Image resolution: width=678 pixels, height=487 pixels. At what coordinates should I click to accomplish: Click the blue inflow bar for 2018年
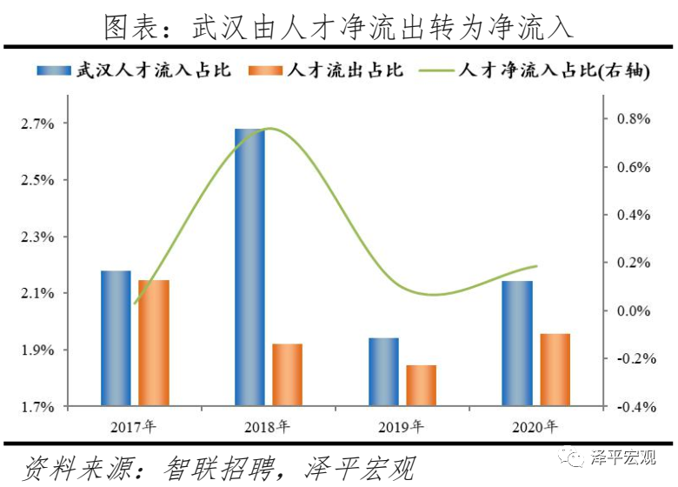click(x=249, y=267)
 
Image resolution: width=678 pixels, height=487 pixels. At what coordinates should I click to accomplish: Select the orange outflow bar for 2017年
click(x=154, y=343)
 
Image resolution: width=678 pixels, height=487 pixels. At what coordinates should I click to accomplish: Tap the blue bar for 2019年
click(x=383, y=371)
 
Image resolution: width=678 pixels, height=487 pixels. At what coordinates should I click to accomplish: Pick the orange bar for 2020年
click(x=554, y=370)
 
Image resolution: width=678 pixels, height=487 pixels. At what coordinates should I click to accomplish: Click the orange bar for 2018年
click(x=287, y=375)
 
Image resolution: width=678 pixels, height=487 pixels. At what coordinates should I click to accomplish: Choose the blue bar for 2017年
click(x=116, y=338)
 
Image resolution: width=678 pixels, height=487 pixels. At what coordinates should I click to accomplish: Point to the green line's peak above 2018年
click(x=270, y=129)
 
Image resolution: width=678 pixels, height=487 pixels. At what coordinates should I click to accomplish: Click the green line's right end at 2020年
click(x=536, y=266)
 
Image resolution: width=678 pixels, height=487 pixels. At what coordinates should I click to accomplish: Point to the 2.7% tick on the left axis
click(x=37, y=124)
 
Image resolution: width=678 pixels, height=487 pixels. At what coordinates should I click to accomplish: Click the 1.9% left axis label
click(x=37, y=350)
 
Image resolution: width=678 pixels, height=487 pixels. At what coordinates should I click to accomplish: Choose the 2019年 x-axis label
click(x=401, y=426)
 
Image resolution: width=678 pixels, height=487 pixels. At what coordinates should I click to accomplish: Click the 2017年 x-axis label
click(x=134, y=426)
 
